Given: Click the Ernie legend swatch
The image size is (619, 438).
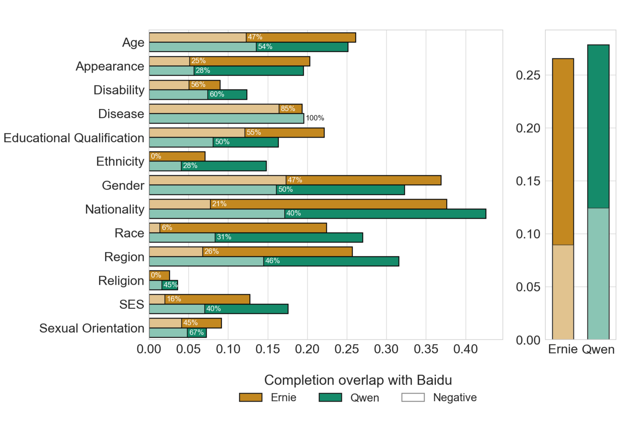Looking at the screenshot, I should coord(251,397).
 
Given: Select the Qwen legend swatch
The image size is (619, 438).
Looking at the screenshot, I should coord(330,397).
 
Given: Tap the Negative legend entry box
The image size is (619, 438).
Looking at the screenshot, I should coord(413,397).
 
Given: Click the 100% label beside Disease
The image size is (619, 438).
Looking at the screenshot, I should coord(315,118).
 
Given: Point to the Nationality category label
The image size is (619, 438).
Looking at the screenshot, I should coord(115,209).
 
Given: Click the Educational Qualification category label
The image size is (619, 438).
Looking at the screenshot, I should coord(74,138).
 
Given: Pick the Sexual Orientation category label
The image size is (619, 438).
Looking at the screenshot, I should coord(92,328).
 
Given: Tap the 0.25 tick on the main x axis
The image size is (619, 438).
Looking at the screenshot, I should coord(347,349).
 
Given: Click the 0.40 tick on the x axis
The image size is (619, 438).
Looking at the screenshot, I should coord(466,349).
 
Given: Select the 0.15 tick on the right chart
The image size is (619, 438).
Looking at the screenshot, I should coord(528,181).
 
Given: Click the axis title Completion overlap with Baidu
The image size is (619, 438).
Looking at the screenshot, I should coord(358,380).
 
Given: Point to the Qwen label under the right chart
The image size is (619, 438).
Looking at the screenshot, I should coord(598,349).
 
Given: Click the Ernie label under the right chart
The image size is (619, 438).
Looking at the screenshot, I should coord(563,349).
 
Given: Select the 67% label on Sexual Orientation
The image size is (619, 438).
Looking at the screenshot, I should coord(196,332).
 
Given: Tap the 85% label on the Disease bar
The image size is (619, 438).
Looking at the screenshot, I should coord(288,109).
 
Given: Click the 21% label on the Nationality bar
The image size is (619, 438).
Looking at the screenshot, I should coord(219,204).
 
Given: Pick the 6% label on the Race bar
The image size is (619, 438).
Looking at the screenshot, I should coord(167,227).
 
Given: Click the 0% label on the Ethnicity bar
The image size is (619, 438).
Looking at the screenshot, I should coord(156,156).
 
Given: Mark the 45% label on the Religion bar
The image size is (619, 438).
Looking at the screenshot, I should coord(170,285).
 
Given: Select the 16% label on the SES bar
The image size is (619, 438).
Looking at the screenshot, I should coord(174,299).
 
